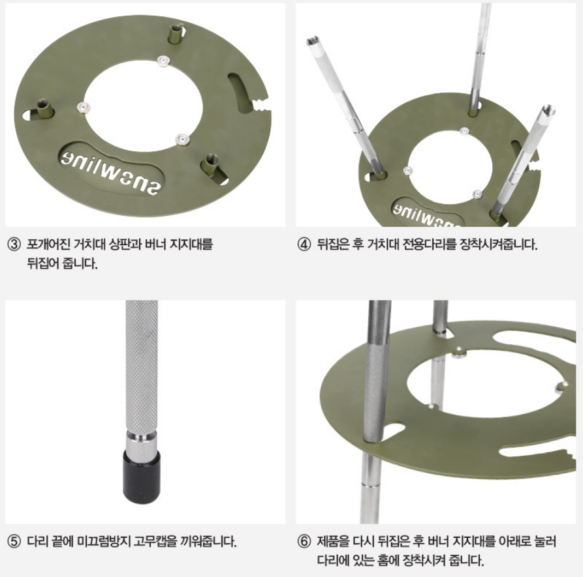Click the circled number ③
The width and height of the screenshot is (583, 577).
pos(14,245)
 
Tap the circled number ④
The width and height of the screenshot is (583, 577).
pos(304,245)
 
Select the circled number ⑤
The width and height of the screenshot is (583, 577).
pos(14,541)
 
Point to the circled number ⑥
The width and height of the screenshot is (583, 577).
pos(304,541)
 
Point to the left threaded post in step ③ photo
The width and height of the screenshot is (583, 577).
pos(44,108)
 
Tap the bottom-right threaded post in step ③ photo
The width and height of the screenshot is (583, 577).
pos(211,165)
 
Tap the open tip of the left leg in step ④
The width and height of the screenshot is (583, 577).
pos(311,40)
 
